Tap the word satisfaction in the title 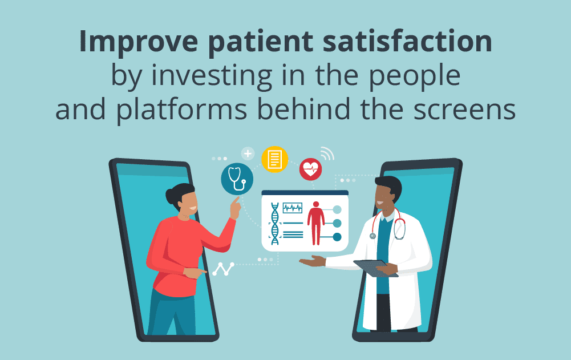point(407,41)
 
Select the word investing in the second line point(212,76)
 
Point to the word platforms point(182,110)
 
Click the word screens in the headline point(465,110)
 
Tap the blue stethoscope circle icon point(237,179)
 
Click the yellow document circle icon point(274,160)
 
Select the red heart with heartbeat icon point(311,169)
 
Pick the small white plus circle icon point(248,153)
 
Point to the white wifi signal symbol point(327,153)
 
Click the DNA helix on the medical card point(275,224)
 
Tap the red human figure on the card point(315,223)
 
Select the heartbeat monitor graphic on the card point(293,208)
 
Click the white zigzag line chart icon point(223,269)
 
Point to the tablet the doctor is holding point(375,268)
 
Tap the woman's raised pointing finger point(237,200)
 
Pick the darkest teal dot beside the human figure point(337,237)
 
